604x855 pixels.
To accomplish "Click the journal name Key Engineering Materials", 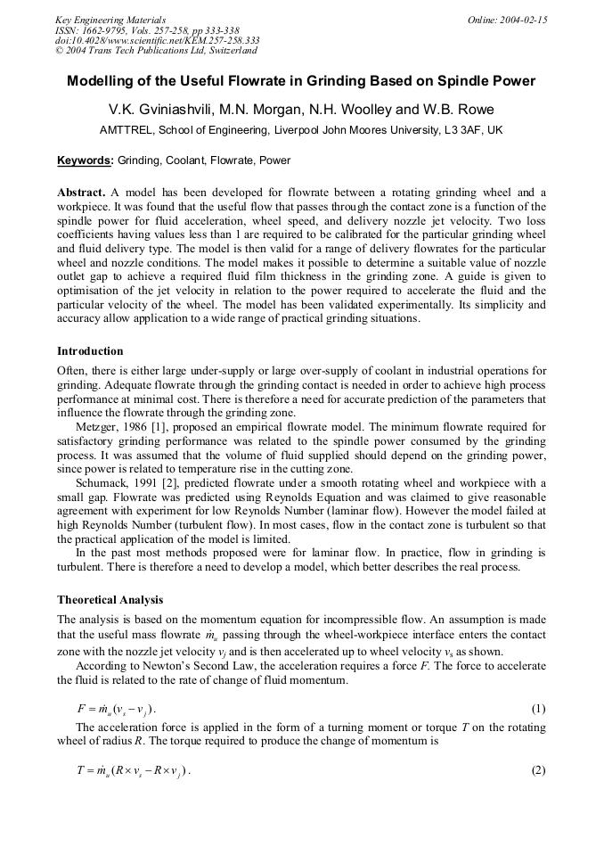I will tap(110, 19).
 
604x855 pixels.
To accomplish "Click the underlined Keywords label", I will tap(86, 160).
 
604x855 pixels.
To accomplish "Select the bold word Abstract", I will tap(81, 193).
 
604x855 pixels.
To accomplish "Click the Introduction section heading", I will tap(90, 351).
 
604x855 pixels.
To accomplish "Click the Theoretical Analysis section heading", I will tap(110, 599).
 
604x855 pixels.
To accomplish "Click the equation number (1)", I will tap(538, 710).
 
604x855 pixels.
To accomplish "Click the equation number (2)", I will tap(538, 771).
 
